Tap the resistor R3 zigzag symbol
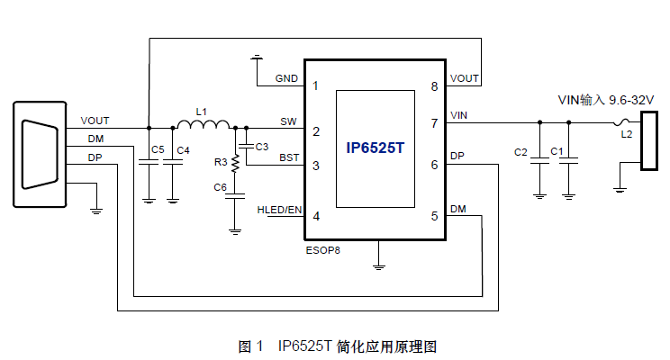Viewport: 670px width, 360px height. coord(235,163)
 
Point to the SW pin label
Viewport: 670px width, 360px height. coord(288,121)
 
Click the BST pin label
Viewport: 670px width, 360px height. coord(289,157)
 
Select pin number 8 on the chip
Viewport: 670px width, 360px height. coord(434,86)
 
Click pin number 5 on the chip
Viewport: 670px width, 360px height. coord(434,216)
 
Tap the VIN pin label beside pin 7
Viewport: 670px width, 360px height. coord(458,114)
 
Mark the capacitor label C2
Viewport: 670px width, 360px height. coord(521,153)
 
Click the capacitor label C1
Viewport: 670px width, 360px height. coord(557,153)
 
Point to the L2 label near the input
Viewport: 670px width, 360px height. coord(626,134)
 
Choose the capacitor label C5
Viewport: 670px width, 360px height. coord(158,148)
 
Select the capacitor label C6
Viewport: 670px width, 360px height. coord(220,187)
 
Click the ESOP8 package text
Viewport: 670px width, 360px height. coord(321,250)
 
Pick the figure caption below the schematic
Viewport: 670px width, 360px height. coord(337,346)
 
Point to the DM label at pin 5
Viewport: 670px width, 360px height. coord(458,209)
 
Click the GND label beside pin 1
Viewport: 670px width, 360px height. coord(287,78)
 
